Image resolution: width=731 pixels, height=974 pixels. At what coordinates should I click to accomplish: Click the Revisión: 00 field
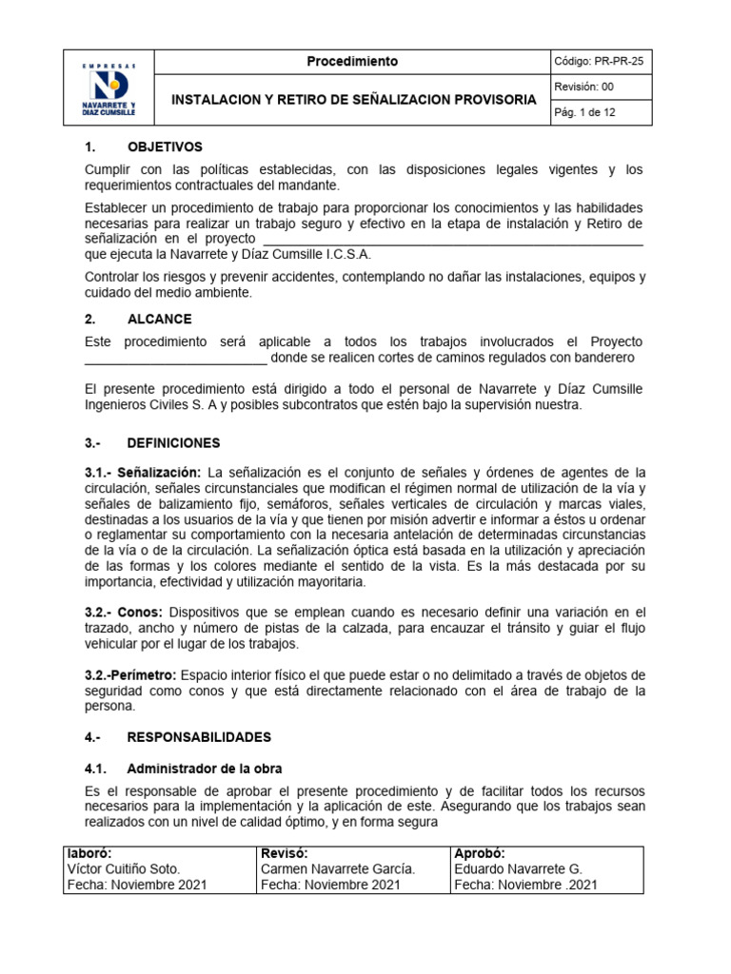point(585,88)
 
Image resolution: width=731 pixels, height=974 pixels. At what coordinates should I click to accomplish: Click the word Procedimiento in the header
point(352,62)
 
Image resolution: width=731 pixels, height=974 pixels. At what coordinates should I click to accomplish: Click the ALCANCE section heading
point(159,319)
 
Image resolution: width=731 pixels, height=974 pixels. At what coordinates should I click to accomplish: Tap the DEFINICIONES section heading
point(173,443)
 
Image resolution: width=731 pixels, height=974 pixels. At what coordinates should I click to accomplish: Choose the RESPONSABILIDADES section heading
point(199,737)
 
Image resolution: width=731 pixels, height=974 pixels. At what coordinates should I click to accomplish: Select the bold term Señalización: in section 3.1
point(163,473)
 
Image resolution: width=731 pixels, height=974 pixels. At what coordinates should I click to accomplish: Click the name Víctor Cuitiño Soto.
point(123,869)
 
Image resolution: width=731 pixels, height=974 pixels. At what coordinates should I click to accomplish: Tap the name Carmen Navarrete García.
point(337,869)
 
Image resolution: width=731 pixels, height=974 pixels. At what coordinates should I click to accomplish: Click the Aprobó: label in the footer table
point(480,853)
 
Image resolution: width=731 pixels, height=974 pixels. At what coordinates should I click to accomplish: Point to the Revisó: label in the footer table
point(284,853)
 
